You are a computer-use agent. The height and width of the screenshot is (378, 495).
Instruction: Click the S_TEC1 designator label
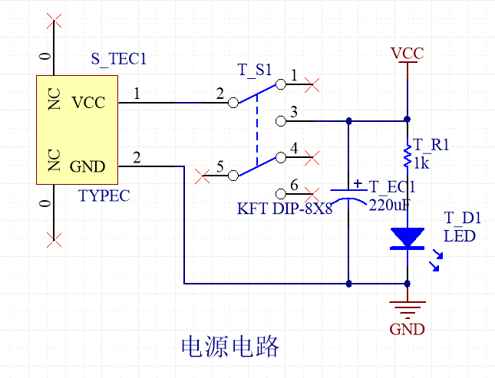[x=118, y=58]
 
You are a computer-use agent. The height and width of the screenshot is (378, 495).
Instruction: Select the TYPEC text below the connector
[x=104, y=196]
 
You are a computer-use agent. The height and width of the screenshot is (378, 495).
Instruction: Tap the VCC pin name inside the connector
[x=87, y=103]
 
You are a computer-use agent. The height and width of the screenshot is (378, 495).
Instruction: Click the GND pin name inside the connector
[x=87, y=166]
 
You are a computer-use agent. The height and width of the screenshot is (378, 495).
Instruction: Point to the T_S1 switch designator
[x=254, y=70]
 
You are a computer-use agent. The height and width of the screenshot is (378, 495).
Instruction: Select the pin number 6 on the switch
[x=294, y=184]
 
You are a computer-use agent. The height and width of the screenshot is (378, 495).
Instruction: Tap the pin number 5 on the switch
[x=219, y=166]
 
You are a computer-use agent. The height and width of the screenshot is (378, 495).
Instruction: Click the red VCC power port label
[x=407, y=54]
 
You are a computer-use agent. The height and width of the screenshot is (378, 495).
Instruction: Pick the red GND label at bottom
[x=407, y=330]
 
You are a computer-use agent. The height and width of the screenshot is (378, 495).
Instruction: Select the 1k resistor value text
[x=421, y=163]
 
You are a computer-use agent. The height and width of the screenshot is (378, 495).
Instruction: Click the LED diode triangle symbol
[x=407, y=238]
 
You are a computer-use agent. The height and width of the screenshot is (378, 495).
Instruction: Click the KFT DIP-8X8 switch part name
[x=285, y=209]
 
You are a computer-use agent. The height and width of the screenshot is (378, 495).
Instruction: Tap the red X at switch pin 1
[x=312, y=86]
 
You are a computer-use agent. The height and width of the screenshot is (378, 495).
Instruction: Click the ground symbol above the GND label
[x=407, y=309]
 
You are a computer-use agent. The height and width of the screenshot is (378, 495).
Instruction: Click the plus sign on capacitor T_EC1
[x=357, y=183]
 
